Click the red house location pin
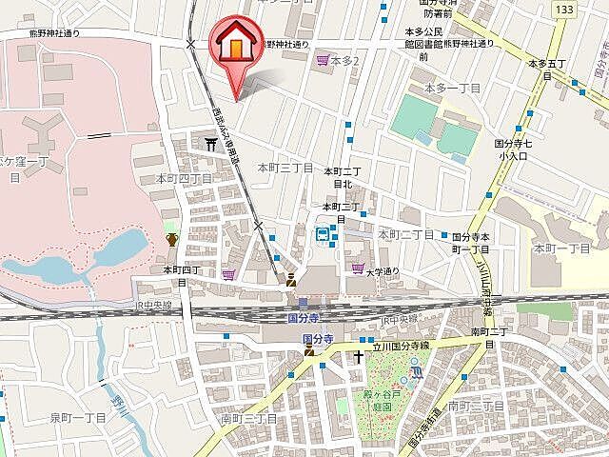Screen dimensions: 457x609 [234, 48]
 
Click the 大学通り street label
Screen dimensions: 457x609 [384, 271]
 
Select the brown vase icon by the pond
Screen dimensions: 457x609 [172, 238]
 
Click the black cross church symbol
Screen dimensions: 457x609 [359, 356]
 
